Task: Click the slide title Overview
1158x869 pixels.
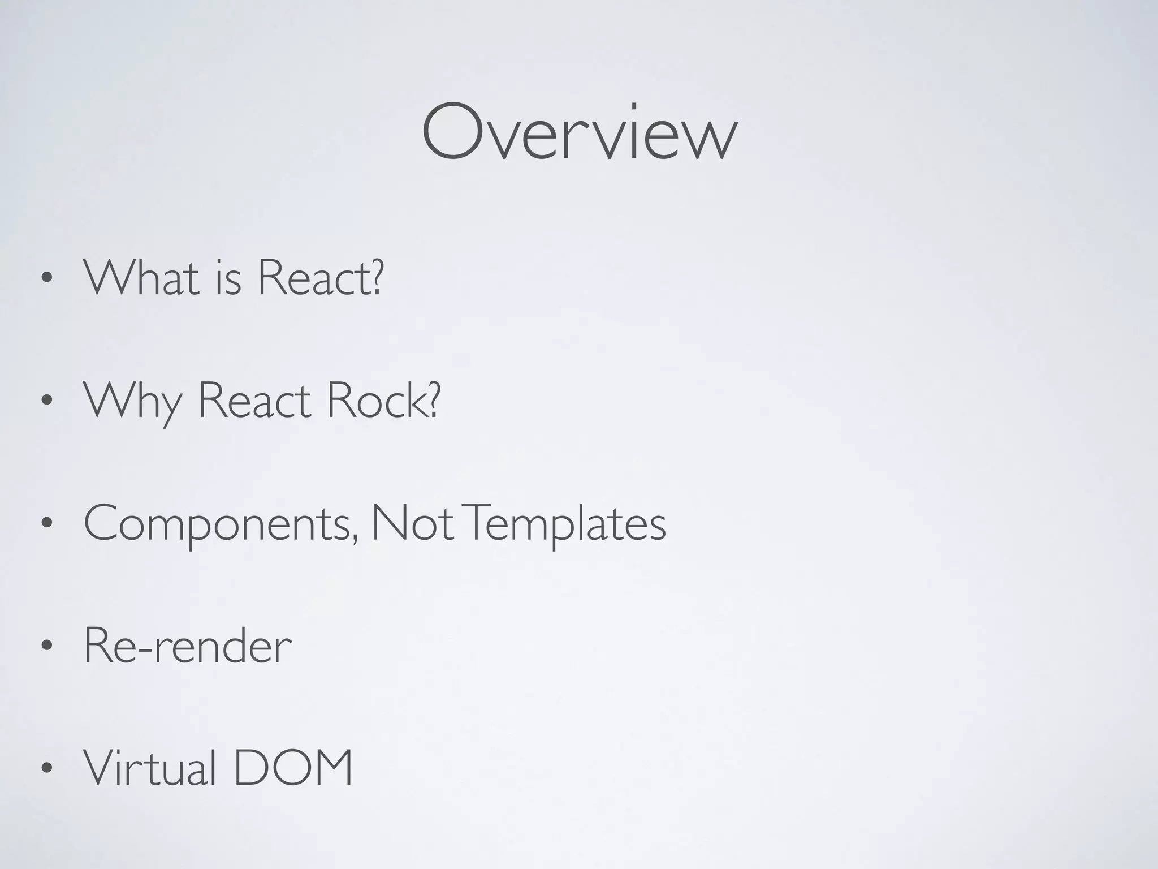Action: tap(579, 132)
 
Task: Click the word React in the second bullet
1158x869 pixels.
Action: tap(254, 401)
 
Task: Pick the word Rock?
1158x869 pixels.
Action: tap(383, 401)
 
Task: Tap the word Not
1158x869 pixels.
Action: tap(412, 524)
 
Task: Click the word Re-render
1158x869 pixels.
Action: tap(188, 646)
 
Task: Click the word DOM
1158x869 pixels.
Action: tap(293, 768)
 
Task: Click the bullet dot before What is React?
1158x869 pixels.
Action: tap(47, 279)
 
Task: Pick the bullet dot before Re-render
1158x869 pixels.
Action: tap(47, 646)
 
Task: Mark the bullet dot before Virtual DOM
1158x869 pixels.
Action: tap(47, 768)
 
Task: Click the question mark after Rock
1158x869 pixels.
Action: tap(433, 399)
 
